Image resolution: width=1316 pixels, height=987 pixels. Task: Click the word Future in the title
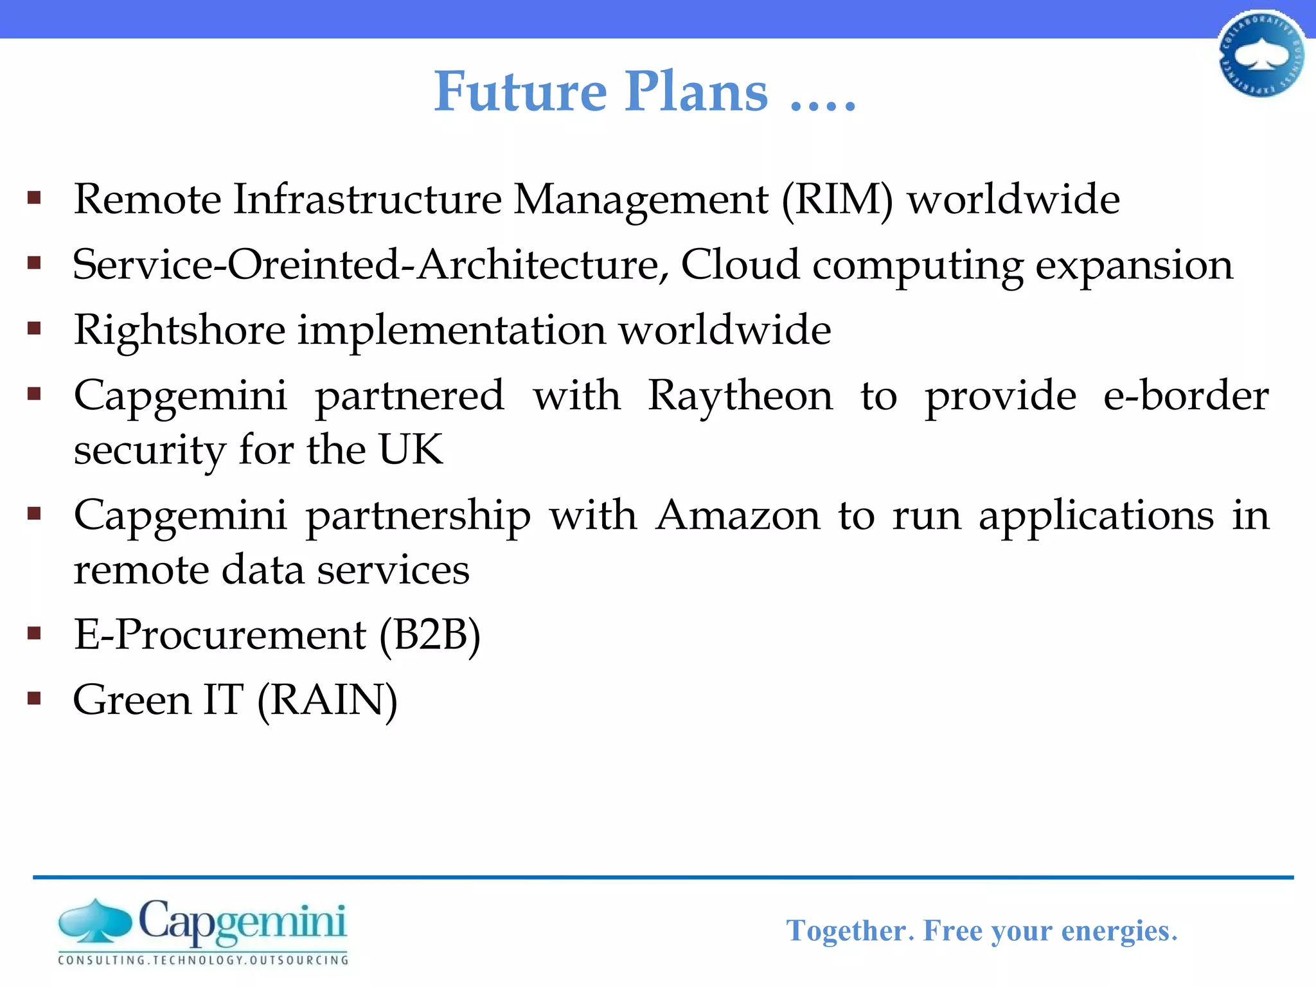pyautogui.click(x=520, y=92)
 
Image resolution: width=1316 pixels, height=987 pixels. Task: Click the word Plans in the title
pyautogui.click(x=697, y=92)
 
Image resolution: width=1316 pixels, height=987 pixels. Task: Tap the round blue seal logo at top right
pyautogui.click(x=1261, y=55)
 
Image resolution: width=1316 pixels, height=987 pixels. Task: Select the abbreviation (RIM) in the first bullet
pyautogui.click(x=837, y=200)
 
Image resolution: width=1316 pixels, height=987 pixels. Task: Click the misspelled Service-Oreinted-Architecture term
pyautogui.click(x=366, y=265)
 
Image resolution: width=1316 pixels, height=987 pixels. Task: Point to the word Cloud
pyautogui.click(x=740, y=265)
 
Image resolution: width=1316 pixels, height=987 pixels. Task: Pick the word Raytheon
pyautogui.click(x=740, y=396)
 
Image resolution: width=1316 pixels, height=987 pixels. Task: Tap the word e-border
pyautogui.click(x=1186, y=396)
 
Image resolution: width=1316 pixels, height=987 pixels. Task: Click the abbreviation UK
pyautogui.click(x=411, y=449)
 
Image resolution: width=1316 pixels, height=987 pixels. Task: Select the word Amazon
pyautogui.click(x=738, y=516)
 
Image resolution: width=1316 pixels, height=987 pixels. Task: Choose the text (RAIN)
pyautogui.click(x=327, y=700)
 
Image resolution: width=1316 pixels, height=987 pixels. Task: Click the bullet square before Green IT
pyautogui.click(x=35, y=698)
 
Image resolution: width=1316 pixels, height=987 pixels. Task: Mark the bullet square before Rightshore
pyautogui.click(x=35, y=329)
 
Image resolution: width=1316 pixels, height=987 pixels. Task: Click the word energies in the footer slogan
pyautogui.click(x=1119, y=931)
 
